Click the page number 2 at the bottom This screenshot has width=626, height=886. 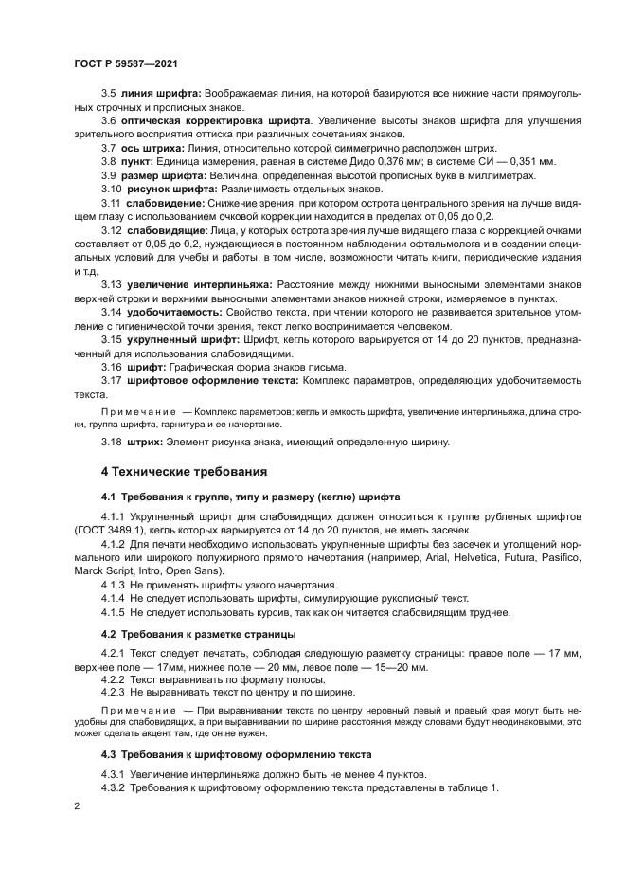(77, 805)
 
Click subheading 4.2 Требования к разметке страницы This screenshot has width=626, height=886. (199, 632)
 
